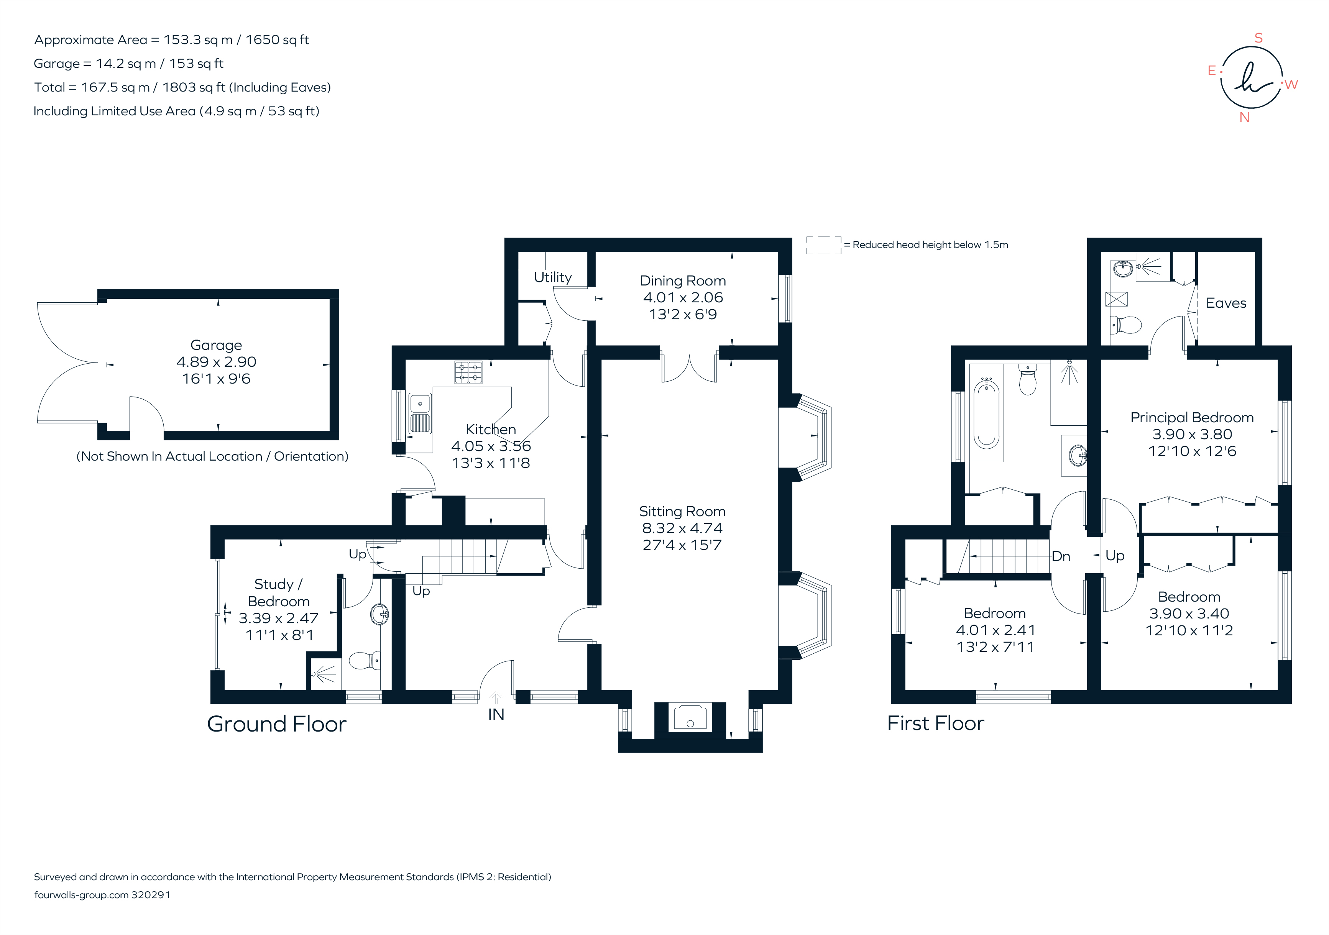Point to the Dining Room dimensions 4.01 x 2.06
[x=682, y=297]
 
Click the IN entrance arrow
[x=496, y=697]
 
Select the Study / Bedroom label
[x=278, y=592]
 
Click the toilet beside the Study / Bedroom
[x=363, y=660]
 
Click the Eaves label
[x=1226, y=303]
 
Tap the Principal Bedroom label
[x=1191, y=417]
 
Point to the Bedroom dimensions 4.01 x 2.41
[x=995, y=630]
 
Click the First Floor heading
[x=935, y=723]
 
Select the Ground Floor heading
[x=277, y=724]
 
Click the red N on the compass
[x=1244, y=118]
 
